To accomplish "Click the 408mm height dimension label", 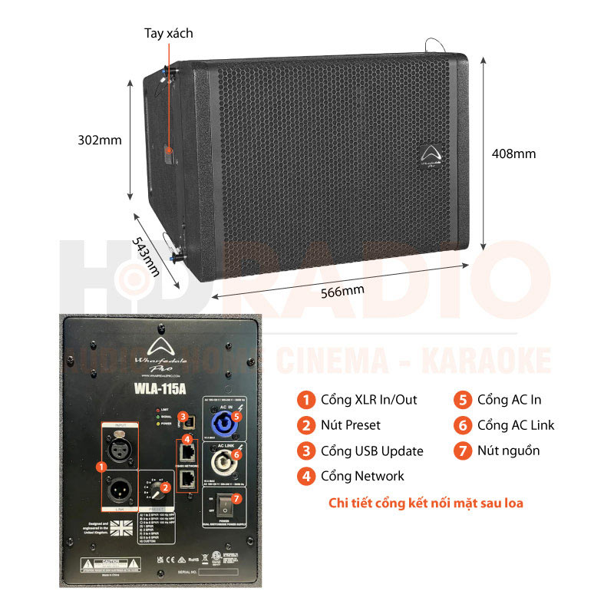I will click(x=513, y=153).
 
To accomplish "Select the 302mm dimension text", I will click(x=100, y=140).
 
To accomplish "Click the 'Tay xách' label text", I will click(x=169, y=34).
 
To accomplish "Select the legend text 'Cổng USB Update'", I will click(x=371, y=451).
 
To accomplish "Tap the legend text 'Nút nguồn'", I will click(x=508, y=451).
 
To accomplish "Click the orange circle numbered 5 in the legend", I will click(x=462, y=400).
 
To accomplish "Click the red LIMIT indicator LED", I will click(x=159, y=410).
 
